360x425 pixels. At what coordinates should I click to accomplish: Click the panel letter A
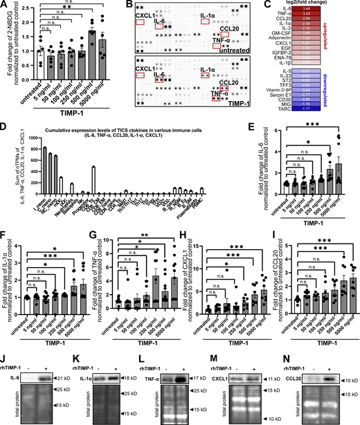tap(5, 5)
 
